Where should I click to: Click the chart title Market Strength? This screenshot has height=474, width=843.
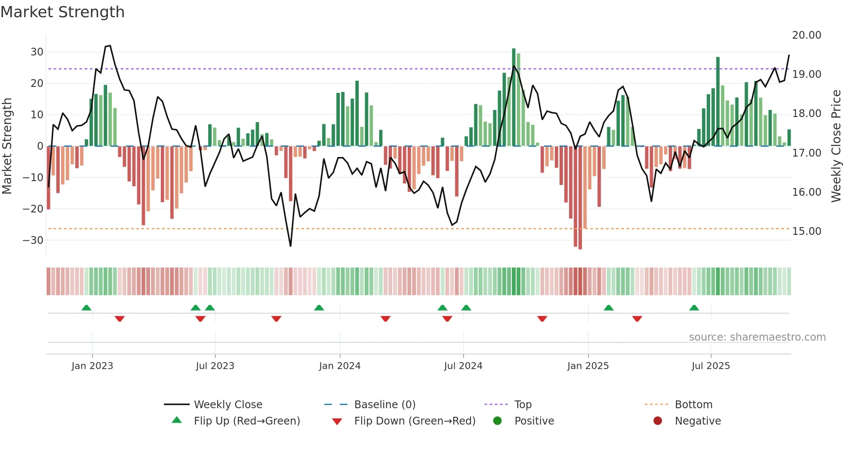pyautogui.click(x=62, y=12)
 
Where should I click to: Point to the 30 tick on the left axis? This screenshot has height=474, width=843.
pyautogui.click(x=37, y=52)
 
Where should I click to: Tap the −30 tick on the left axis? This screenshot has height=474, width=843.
pyautogui.click(x=34, y=240)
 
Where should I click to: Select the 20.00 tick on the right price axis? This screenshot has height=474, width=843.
pyautogui.click(x=806, y=35)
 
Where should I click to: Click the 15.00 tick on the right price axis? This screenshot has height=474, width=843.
pyautogui.click(x=806, y=231)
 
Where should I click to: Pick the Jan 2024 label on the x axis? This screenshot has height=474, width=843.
pyautogui.click(x=339, y=366)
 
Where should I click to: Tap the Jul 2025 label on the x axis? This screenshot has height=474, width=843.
pyautogui.click(x=711, y=366)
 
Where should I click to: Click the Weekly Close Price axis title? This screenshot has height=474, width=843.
pyautogui.click(x=836, y=146)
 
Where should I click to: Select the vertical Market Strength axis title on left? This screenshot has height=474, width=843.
pyautogui.click(x=7, y=146)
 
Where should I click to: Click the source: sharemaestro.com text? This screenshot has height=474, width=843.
pyautogui.click(x=757, y=337)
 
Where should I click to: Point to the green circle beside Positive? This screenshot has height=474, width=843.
pyautogui.click(x=497, y=421)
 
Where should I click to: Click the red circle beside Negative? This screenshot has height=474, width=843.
pyautogui.click(x=658, y=421)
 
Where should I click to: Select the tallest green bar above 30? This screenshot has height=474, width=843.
pyautogui.click(x=514, y=95)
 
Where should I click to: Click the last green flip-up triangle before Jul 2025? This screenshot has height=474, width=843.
pyautogui.click(x=694, y=308)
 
